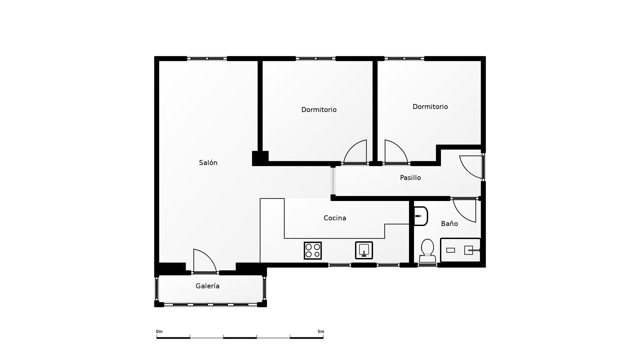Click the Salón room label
coord(208,163)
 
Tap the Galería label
coord(207,286)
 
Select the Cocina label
coord(335,218)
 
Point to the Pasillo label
coord(410,178)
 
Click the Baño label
coord(449,224)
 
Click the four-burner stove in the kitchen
coord(313,251)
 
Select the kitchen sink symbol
coord(364,250)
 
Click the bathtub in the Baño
coord(460,250)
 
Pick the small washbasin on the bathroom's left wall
coord(420,216)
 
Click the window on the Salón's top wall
coord(207,59)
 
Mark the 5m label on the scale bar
coord(321,332)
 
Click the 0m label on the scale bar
coord(159,332)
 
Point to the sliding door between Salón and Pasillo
coord(333,181)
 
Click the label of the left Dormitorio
coord(319,110)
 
